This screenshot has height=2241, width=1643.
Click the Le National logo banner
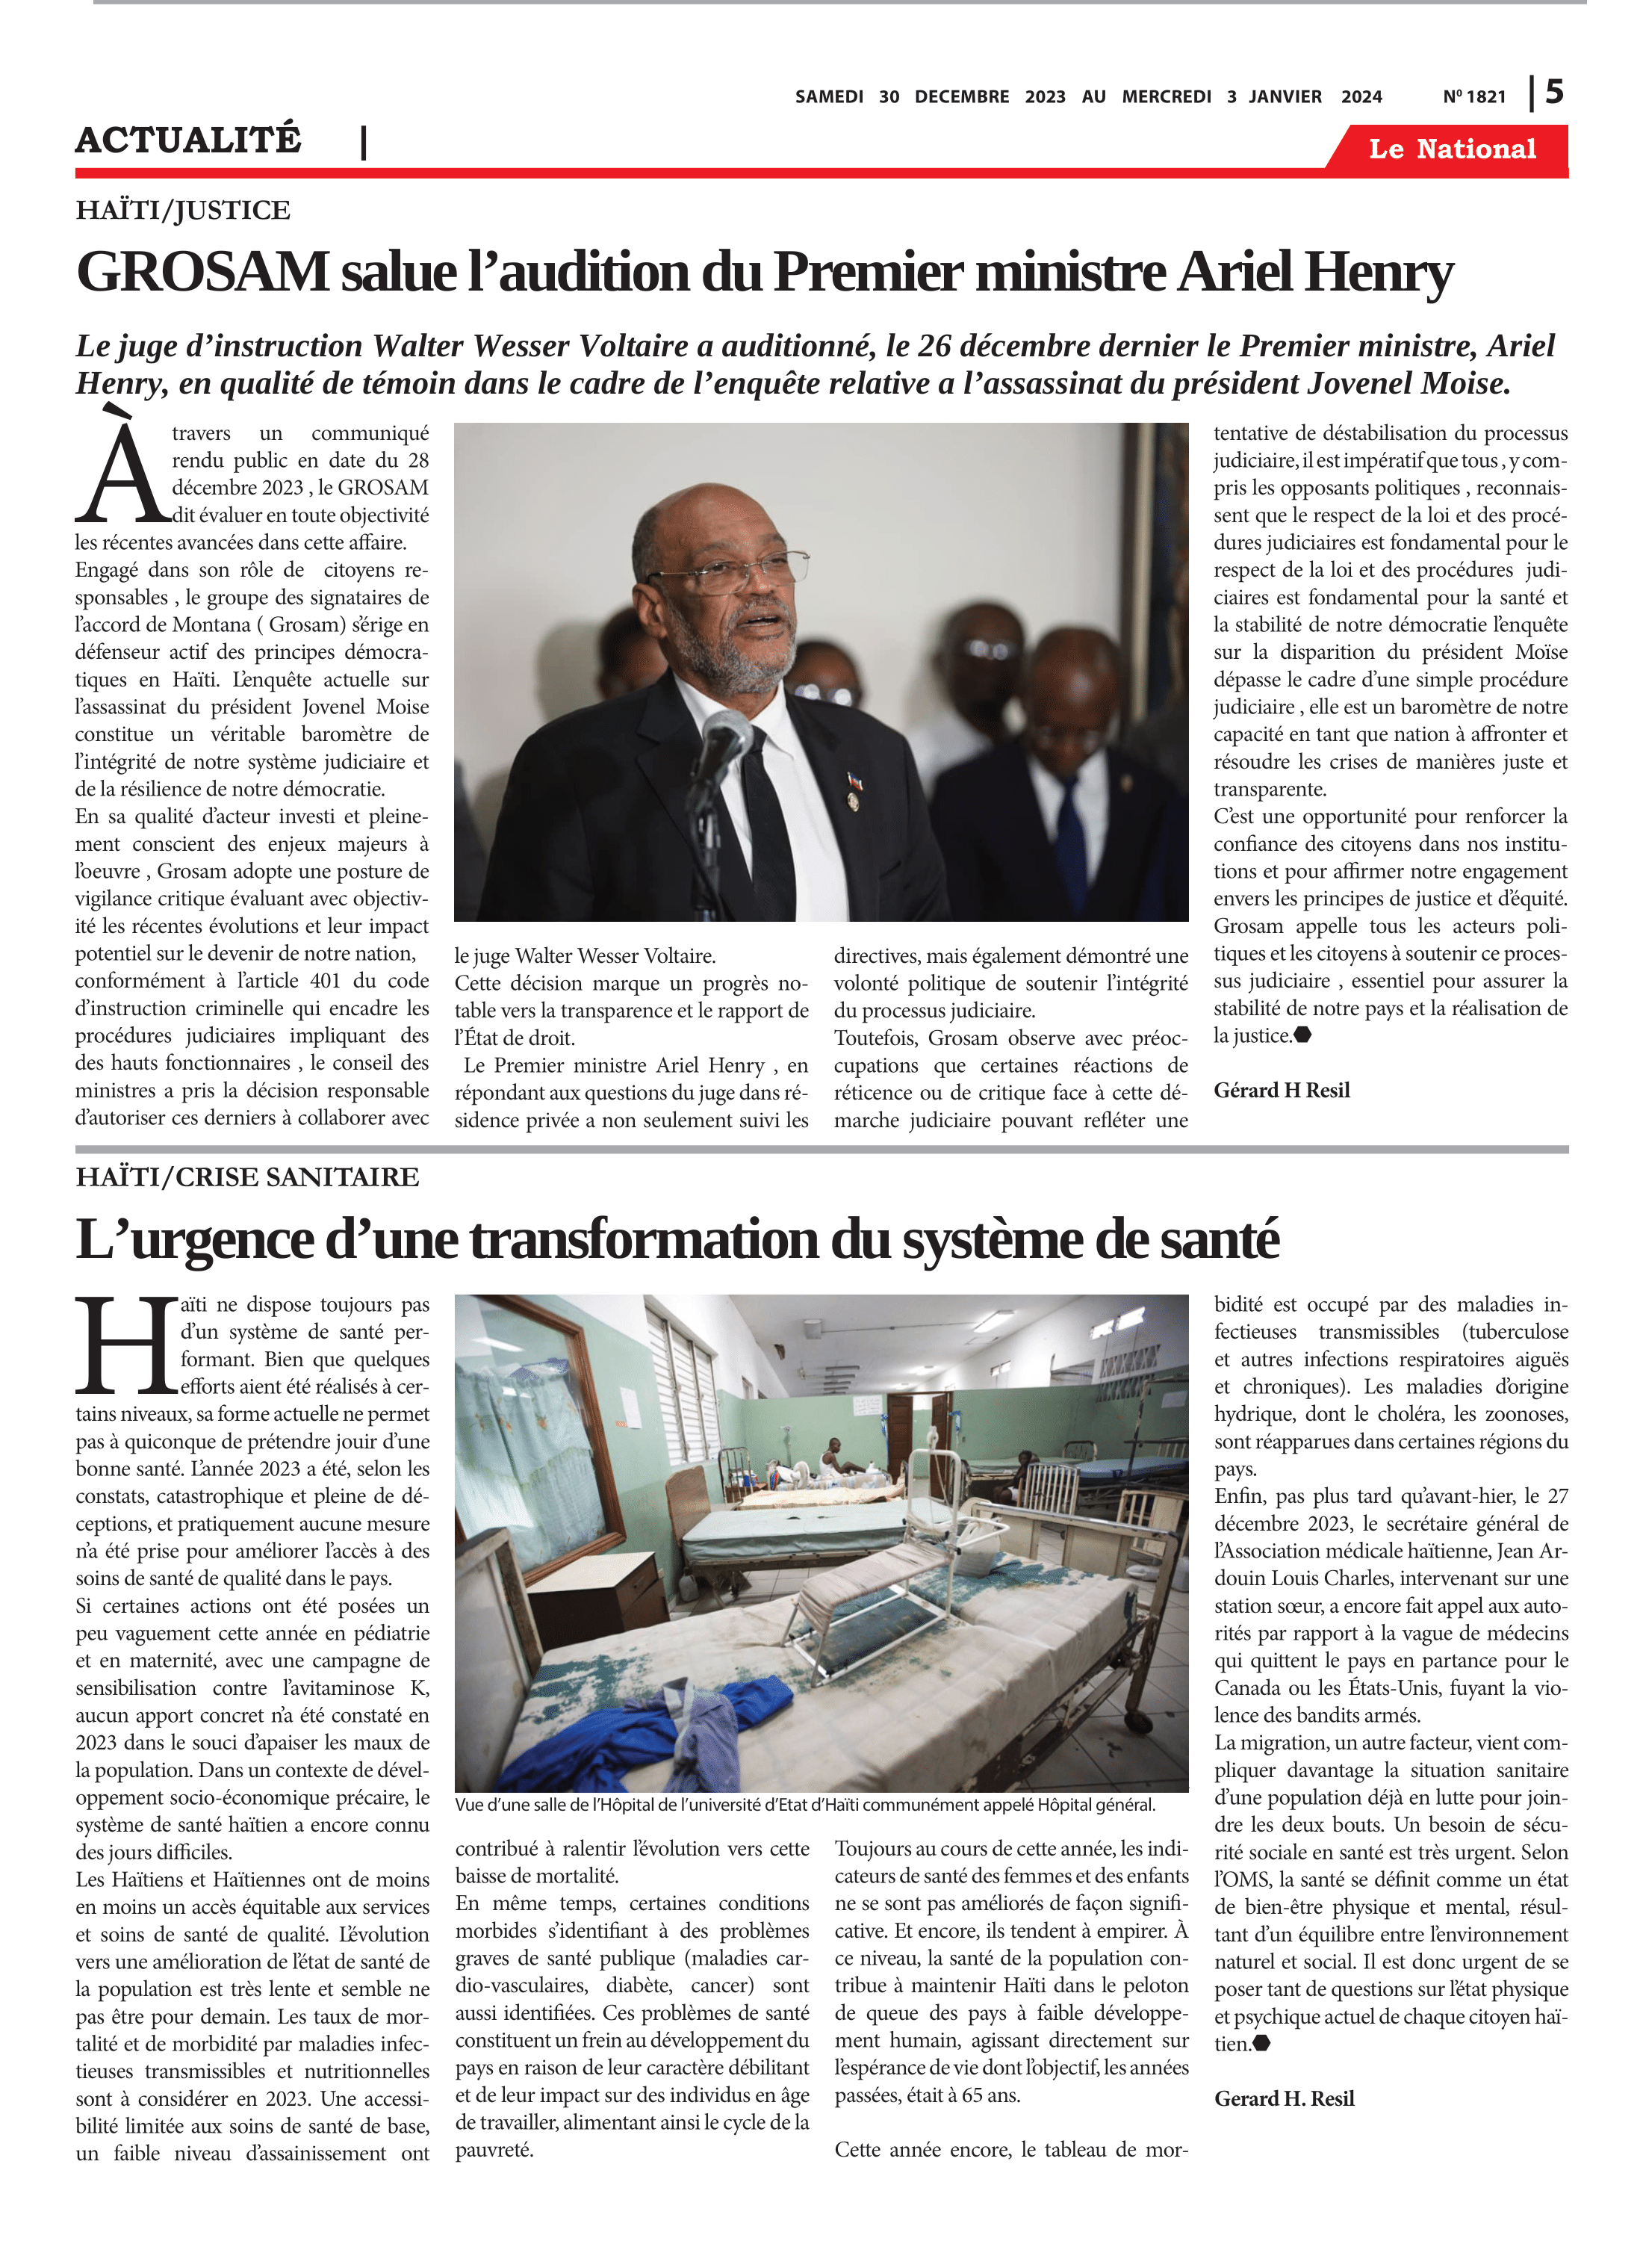(x=1451, y=149)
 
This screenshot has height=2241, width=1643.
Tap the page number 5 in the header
(x=1553, y=93)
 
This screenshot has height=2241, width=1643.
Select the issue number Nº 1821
(x=1474, y=96)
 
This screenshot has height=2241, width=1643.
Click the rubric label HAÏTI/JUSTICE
(x=183, y=210)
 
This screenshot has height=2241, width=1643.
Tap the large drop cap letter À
(x=121, y=468)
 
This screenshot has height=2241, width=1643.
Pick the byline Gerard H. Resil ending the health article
(x=1283, y=2099)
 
